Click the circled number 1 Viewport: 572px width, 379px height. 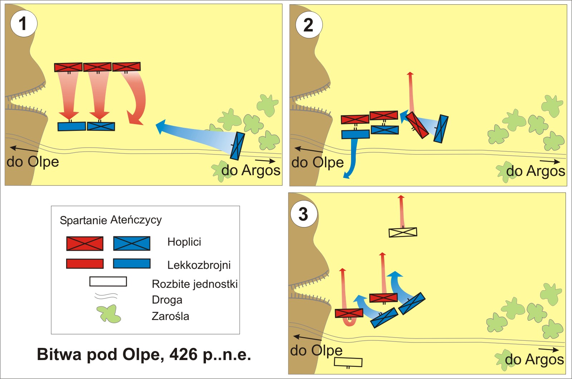click(23, 24)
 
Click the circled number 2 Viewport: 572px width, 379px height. click(309, 25)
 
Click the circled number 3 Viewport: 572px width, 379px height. click(303, 214)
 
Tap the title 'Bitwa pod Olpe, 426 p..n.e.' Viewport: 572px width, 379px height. click(144, 354)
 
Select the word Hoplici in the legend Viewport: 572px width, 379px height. click(184, 242)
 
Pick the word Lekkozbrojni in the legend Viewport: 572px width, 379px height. click(199, 265)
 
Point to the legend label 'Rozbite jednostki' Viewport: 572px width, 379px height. click(194, 284)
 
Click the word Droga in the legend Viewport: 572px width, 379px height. click(167, 300)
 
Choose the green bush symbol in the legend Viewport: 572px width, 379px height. click(109, 314)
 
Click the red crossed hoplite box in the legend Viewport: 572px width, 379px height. click(85, 243)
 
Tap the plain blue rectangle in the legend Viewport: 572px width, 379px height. click(132, 264)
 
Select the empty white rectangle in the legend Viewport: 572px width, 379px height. click(108, 281)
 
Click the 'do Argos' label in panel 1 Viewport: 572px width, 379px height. click(251, 170)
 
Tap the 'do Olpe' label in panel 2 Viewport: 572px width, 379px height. click(317, 162)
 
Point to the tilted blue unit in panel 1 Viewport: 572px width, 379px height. click(237, 146)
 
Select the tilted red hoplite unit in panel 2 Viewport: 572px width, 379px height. click(417, 125)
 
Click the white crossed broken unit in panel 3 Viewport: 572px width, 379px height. click(403, 232)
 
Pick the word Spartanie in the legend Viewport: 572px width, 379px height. click(83, 220)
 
